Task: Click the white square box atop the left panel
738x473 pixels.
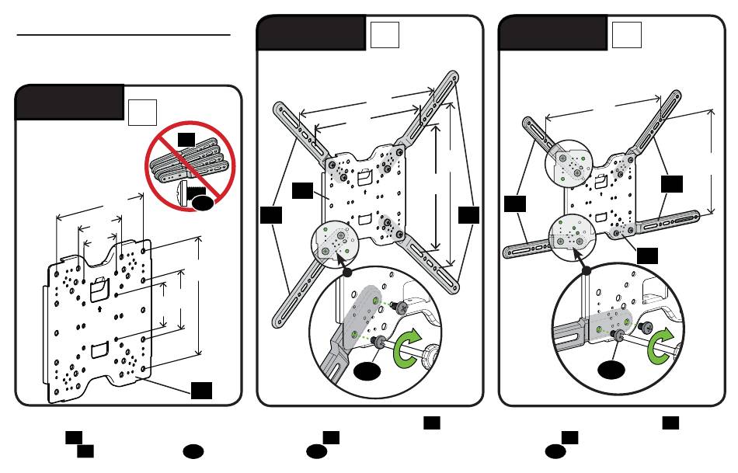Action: tap(143, 113)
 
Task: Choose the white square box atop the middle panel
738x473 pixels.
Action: tap(384, 35)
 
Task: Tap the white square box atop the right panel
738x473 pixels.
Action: tap(627, 35)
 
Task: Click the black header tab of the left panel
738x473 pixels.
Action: tap(69, 102)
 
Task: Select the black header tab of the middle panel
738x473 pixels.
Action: tap(311, 32)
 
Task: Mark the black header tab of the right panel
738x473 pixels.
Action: tap(552, 32)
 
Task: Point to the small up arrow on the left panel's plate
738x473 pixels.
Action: tap(103, 308)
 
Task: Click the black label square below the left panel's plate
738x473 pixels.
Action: tap(203, 389)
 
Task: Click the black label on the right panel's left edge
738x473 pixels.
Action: tap(515, 204)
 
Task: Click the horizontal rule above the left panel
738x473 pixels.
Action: tap(124, 35)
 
